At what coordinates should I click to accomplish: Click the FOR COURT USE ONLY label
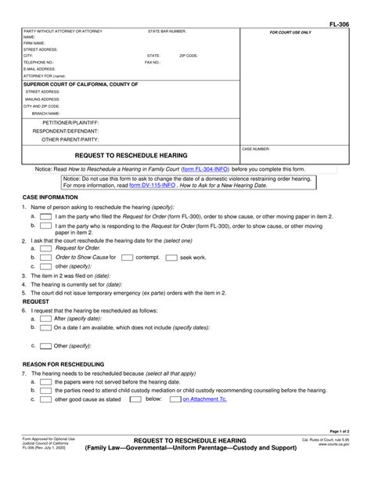(x=290, y=33)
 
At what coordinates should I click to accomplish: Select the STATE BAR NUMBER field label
(x=167, y=31)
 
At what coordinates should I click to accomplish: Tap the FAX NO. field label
(x=154, y=63)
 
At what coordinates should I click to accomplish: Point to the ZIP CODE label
(x=189, y=56)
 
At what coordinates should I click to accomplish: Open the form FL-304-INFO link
(x=204, y=169)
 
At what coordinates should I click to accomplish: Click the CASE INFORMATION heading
(x=52, y=197)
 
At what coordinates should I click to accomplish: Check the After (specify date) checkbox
(x=45, y=319)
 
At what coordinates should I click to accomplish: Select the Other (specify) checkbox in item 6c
(x=45, y=345)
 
